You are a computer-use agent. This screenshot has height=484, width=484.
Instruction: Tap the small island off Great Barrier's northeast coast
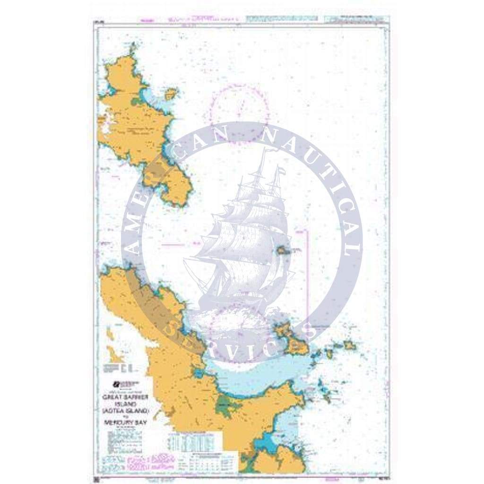coord(171,94)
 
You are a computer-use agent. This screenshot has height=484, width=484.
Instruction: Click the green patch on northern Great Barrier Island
coord(137,101)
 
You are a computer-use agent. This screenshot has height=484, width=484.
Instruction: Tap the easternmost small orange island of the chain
coord(349,346)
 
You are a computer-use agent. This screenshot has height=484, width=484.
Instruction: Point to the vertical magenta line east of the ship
coord(307,274)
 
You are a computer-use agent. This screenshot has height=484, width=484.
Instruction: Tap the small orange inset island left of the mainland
coord(114,354)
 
